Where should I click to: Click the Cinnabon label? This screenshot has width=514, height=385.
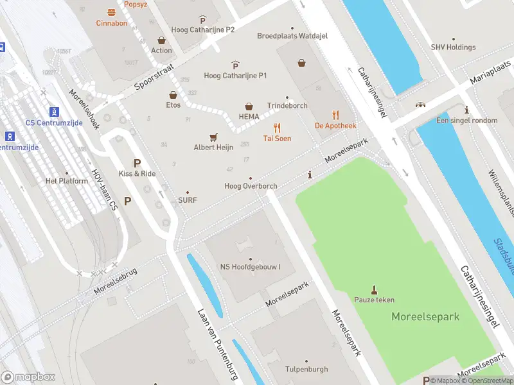point(112,23)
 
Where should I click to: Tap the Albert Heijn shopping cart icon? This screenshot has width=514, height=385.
point(213,137)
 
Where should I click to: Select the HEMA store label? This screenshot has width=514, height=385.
point(249,116)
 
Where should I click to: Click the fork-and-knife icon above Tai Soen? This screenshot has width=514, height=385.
point(277,128)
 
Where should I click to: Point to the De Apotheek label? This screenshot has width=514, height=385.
point(335,126)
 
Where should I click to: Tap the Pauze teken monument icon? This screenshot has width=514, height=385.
point(375,289)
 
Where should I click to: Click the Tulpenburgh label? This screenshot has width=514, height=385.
point(306,370)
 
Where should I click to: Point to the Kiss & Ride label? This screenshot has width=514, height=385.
point(137,174)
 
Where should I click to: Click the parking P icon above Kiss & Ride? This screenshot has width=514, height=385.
point(136,164)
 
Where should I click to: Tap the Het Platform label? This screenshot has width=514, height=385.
point(66,181)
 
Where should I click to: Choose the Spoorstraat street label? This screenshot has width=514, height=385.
point(155,76)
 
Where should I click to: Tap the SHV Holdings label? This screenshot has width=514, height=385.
point(453,47)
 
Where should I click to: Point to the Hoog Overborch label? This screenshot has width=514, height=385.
point(251,186)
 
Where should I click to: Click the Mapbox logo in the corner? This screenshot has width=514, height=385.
point(28,377)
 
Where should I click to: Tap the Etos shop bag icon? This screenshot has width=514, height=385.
point(173,94)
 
